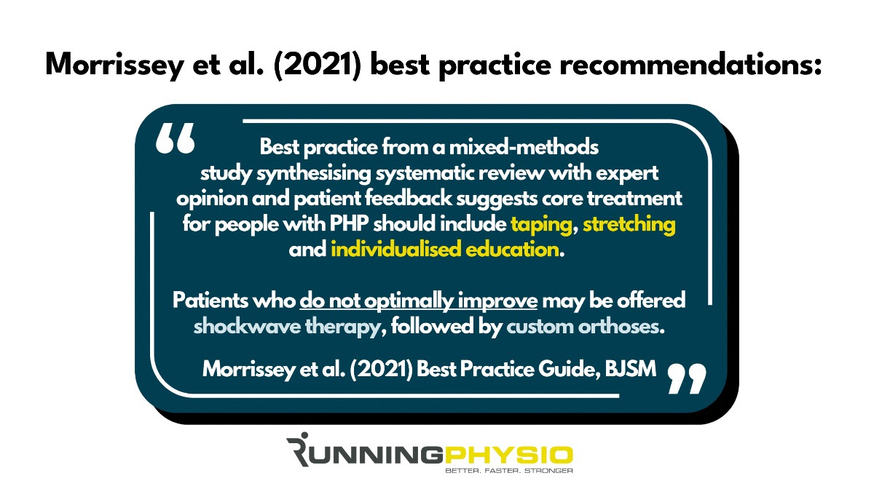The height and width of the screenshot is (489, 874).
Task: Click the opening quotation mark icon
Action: [x=175, y=138]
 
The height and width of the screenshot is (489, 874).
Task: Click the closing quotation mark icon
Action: [x=687, y=378]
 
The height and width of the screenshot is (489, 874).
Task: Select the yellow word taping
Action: [x=541, y=225]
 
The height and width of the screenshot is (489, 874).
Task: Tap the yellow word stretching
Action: [x=629, y=225]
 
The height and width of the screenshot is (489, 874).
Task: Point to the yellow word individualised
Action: [x=396, y=250]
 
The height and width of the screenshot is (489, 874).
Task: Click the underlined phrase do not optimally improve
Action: [x=418, y=301]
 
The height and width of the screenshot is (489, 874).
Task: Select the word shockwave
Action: [x=247, y=327]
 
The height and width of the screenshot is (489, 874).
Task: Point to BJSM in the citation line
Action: [x=631, y=368]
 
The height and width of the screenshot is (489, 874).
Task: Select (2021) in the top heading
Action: [x=317, y=65]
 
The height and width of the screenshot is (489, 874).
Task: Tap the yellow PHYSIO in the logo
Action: [x=508, y=456]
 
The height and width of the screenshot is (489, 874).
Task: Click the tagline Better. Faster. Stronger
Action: [x=509, y=471]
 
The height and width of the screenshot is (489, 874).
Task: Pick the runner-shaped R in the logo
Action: [x=298, y=449]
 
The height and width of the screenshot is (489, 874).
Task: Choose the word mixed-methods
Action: [x=524, y=148]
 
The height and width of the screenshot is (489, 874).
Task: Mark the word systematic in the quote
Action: [x=425, y=173]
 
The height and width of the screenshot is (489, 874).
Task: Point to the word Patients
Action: [x=210, y=301]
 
